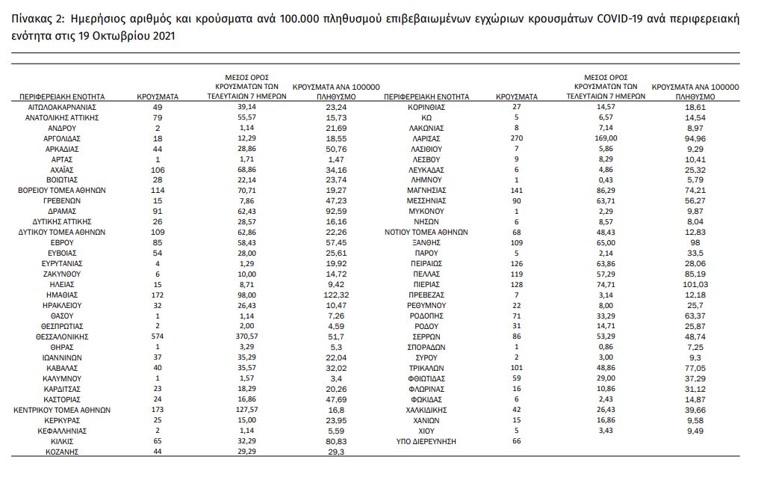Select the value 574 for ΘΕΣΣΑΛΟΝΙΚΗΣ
pos(157,337)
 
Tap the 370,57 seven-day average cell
pos(247,337)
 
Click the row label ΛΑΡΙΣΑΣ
pos(426,138)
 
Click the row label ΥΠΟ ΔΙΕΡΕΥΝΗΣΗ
pos(426,442)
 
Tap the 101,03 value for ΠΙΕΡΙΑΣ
pos(695,285)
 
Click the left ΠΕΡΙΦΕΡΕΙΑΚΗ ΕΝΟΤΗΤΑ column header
pos(63,96)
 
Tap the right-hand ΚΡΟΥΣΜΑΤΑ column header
pos(517,96)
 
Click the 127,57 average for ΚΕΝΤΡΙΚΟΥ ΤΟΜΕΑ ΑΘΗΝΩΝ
pos(247,410)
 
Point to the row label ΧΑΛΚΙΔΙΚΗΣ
pos(426,410)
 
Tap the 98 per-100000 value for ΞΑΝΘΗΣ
pos(695,243)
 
